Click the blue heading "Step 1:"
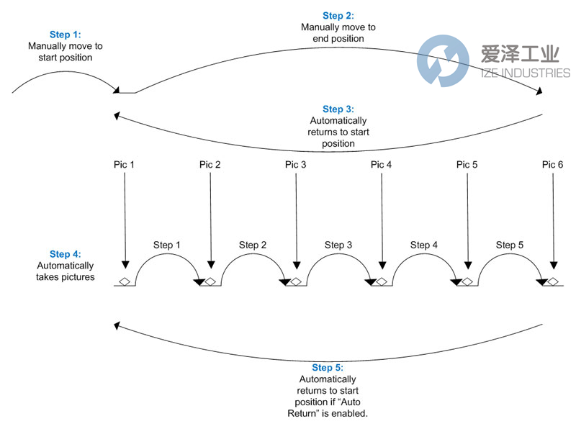pos(66,35)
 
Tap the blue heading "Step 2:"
pos(338,16)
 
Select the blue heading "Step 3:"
pos(338,109)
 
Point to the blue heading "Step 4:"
pos(65,254)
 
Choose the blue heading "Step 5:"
pos(328,368)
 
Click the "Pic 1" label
pos(124,165)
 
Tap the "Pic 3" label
pos(296,165)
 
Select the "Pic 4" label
pos(382,165)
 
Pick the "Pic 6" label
pos(553,165)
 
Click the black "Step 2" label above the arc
pos(253,245)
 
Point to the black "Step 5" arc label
pos(510,245)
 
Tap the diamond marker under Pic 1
pos(125,281)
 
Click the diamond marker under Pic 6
pos(553,281)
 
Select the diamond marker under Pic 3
pos(296,281)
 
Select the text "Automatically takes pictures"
pos(65,271)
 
